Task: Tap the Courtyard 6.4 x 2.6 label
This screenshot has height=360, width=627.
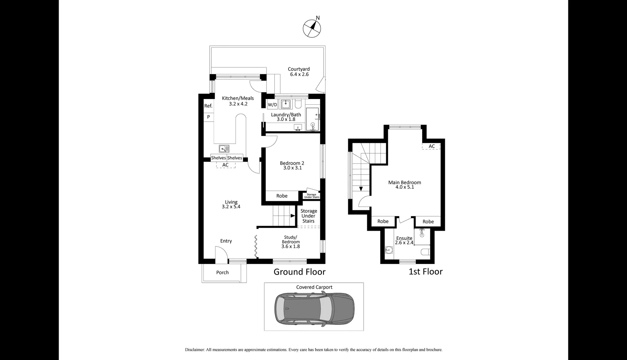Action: tap(299, 72)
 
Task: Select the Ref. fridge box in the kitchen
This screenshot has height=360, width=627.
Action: tap(208, 106)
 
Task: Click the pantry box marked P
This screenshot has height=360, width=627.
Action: tap(208, 117)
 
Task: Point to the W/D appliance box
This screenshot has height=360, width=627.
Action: tap(272, 105)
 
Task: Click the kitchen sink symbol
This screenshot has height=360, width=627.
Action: tap(224, 149)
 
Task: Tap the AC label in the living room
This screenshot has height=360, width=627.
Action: tap(225, 165)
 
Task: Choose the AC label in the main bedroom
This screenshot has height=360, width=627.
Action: tap(432, 146)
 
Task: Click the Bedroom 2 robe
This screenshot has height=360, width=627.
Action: tap(282, 196)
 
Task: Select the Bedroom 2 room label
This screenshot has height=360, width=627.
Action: tap(292, 165)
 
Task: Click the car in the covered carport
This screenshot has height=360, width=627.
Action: tap(314, 307)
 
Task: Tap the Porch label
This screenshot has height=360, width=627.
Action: tap(222, 273)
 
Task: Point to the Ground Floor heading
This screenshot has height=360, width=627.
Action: tap(299, 272)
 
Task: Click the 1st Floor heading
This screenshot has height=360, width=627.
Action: tap(426, 272)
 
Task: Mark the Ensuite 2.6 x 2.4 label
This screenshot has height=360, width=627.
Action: tap(404, 240)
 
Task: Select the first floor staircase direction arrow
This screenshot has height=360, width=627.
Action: tap(361, 189)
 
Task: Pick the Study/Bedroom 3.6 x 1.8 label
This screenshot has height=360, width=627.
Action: tap(290, 242)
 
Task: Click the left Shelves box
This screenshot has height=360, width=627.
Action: tap(218, 158)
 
